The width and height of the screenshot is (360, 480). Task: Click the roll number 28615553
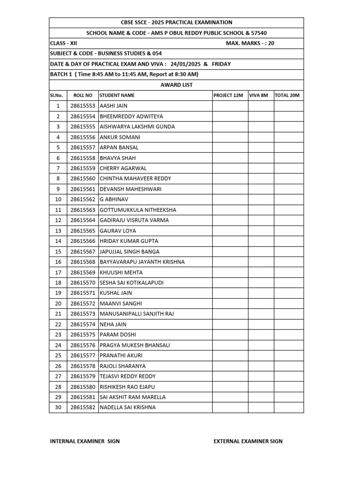(82, 106)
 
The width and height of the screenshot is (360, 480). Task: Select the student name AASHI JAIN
(113, 106)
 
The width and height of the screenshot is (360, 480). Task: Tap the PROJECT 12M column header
(228, 96)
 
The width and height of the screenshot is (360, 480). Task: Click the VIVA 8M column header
(258, 96)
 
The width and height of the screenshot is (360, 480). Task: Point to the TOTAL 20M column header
(287, 96)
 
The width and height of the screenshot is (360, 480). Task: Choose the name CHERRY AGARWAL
(123, 168)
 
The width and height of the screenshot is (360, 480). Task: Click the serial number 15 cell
(58, 252)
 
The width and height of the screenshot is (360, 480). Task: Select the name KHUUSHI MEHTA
(121, 272)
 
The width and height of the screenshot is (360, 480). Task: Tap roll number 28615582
(82, 407)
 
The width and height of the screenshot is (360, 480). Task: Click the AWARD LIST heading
(177, 85)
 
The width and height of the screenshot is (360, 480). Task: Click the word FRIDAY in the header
(221, 64)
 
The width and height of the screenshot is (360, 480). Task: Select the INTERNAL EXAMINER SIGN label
(85, 441)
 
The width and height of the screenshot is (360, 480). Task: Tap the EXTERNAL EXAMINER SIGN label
(248, 441)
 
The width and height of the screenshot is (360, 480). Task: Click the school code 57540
(259, 33)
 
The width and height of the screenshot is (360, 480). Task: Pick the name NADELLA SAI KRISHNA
(127, 407)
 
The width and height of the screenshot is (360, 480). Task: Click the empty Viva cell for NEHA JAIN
(261, 324)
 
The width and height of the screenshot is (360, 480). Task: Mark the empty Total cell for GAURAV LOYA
(289, 231)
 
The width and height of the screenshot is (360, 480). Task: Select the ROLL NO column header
(83, 96)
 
